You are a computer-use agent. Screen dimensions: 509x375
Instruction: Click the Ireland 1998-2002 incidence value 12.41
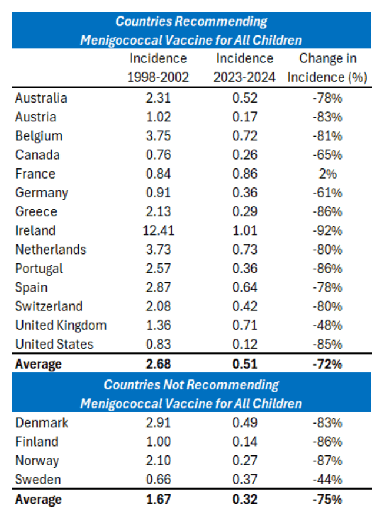pyautogui.click(x=158, y=231)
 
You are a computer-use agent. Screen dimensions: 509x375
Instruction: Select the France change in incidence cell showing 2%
pyautogui.click(x=328, y=174)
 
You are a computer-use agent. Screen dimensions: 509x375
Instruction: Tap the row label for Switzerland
pyautogui.click(x=49, y=307)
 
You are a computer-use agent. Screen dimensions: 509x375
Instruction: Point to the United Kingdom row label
pyautogui.click(x=61, y=326)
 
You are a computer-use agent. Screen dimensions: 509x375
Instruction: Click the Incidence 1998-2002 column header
pyautogui.click(x=158, y=68)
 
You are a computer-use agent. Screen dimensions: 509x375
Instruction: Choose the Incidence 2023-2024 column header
pyautogui.click(x=244, y=68)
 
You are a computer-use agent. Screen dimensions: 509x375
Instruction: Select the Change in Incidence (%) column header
pyautogui.click(x=328, y=68)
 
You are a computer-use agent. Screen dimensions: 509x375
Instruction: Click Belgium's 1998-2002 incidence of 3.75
pyautogui.click(x=158, y=136)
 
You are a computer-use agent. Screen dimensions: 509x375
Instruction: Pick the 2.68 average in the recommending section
pyautogui.click(x=158, y=364)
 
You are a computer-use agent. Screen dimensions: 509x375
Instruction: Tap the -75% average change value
pyautogui.click(x=328, y=500)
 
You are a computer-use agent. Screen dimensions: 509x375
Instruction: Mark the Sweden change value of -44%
pyautogui.click(x=328, y=480)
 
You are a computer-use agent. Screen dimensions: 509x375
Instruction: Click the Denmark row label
pyautogui.click(x=42, y=423)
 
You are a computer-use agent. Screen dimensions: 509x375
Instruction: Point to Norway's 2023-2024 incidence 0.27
pyautogui.click(x=244, y=461)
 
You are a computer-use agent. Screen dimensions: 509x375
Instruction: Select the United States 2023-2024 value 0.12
pyautogui.click(x=244, y=345)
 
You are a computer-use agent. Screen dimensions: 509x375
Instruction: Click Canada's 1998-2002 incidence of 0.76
pyautogui.click(x=158, y=155)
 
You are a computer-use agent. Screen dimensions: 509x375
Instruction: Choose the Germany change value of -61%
pyautogui.click(x=328, y=193)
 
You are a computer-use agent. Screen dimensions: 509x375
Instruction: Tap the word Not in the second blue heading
pyautogui.click(x=171, y=385)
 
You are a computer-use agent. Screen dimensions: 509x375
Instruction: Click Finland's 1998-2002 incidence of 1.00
pyautogui.click(x=158, y=442)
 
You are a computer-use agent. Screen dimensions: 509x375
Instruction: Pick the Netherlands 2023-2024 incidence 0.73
pyautogui.click(x=244, y=250)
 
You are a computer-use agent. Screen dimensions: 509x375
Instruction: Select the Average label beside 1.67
pyautogui.click(x=38, y=500)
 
